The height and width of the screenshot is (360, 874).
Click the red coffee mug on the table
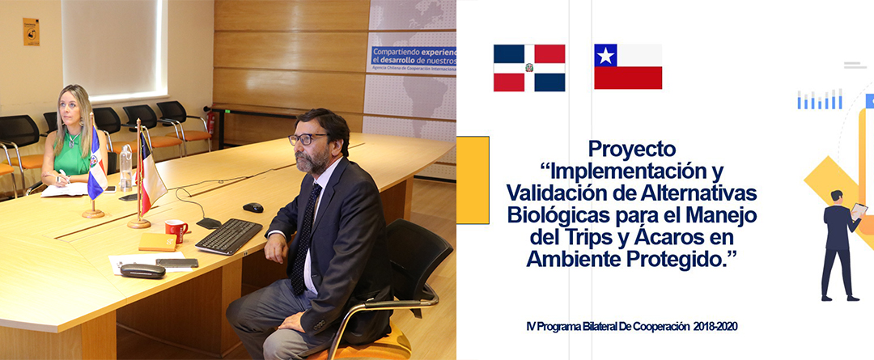[x=176, y=230]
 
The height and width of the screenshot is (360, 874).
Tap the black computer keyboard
[x=228, y=236]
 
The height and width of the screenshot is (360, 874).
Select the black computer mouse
[x=253, y=207]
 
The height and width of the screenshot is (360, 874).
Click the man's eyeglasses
[x=307, y=139]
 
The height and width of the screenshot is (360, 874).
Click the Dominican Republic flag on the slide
[x=529, y=68]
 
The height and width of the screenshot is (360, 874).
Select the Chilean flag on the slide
[x=628, y=66]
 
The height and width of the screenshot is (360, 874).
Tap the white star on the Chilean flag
[x=605, y=55]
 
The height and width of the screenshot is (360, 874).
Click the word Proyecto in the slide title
[x=631, y=150]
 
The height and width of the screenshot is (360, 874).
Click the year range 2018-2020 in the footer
[x=715, y=327]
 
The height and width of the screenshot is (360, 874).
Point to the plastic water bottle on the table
[x=126, y=167]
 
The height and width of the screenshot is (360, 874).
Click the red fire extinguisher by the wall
[x=210, y=122]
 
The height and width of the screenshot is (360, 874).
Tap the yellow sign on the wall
[x=32, y=32]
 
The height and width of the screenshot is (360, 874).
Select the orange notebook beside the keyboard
[x=157, y=242]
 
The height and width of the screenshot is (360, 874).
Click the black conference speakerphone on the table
[x=142, y=271]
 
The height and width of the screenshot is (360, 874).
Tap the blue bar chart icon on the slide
[x=819, y=100]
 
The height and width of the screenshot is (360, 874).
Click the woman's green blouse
[x=71, y=155]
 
